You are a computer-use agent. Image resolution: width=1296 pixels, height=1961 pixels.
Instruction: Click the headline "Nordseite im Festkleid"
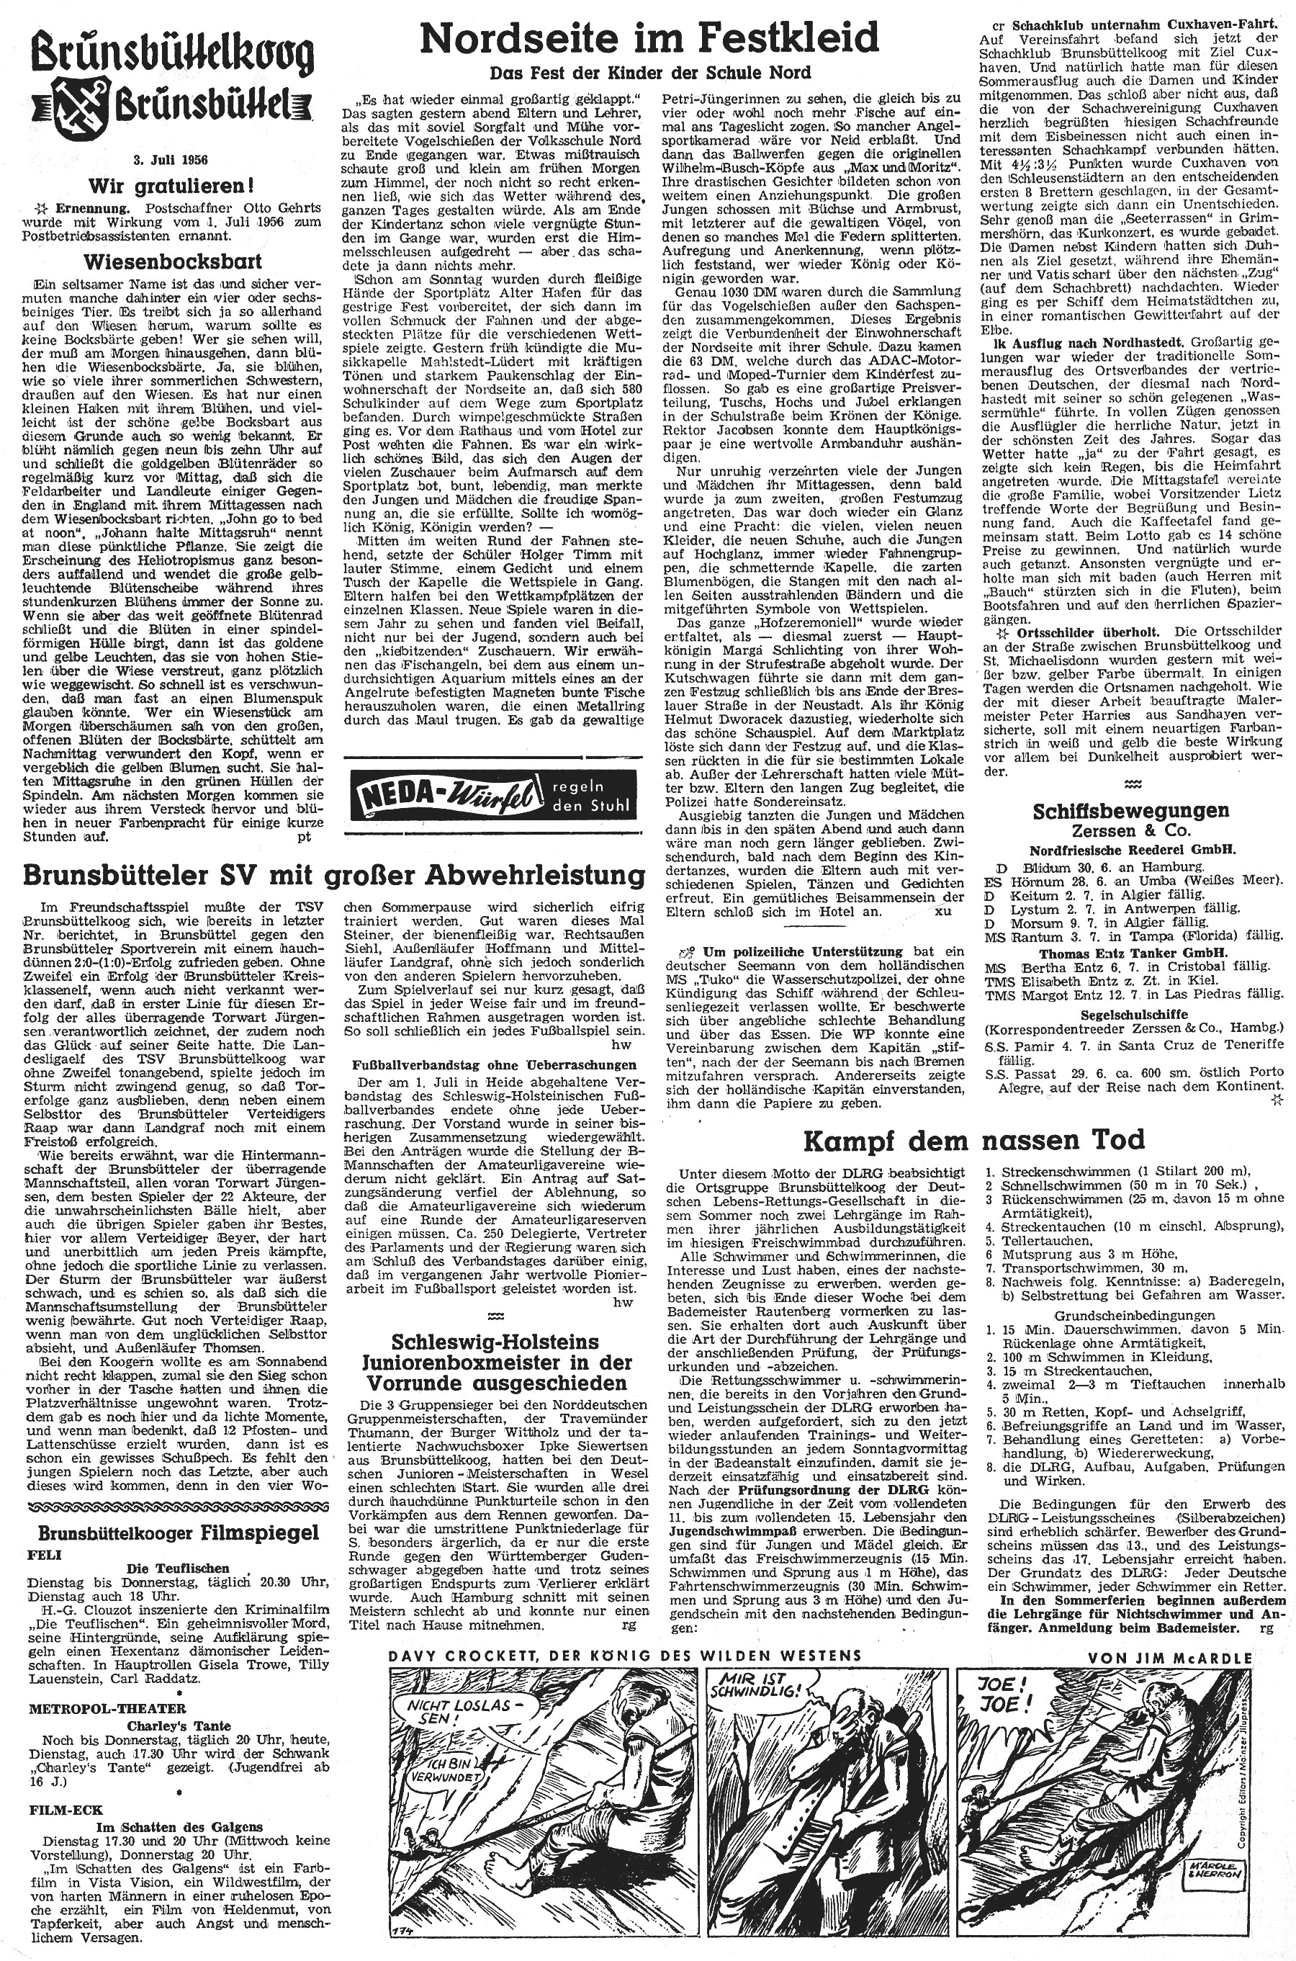pyautogui.click(x=648, y=38)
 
